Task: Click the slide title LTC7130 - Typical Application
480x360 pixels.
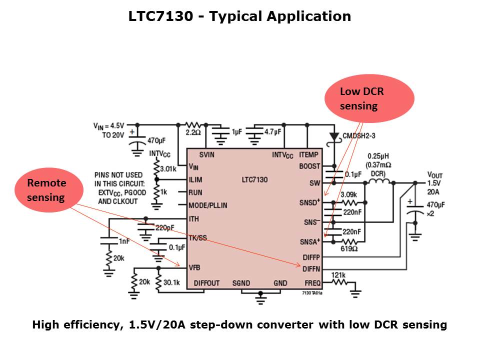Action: point(239,16)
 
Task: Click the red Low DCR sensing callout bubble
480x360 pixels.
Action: point(369,98)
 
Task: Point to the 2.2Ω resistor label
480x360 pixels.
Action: point(192,133)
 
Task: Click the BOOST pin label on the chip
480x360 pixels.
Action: point(309,166)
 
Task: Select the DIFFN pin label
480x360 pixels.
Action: point(311,269)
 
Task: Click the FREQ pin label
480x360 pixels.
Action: point(312,283)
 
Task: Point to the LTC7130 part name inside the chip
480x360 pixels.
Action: point(253,179)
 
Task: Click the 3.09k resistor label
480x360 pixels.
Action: point(348,194)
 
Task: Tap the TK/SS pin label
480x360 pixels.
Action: point(197,237)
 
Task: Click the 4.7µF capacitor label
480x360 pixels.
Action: point(272,132)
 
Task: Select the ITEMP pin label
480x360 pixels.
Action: point(308,154)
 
